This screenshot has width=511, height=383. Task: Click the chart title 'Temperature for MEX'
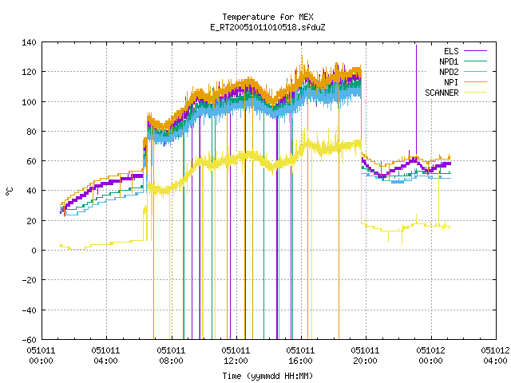click(x=268, y=17)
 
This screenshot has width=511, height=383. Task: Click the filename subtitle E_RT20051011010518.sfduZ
click(x=268, y=27)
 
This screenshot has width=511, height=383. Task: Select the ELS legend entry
click(x=465, y=51)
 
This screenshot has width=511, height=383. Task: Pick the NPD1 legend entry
click(x=463, y=61)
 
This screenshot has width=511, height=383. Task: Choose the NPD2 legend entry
click(x=463, y=72)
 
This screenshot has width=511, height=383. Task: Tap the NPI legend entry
click(x=465, y=82)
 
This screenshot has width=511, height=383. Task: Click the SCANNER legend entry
click(x=456, y=93)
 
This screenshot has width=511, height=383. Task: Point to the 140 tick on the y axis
click(x=29, y=42)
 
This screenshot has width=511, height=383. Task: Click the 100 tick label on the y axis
click(x=29, y=101)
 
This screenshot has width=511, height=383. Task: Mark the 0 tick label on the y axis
click(x=34, y=251)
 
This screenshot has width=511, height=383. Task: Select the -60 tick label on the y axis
click(x=29, y=340)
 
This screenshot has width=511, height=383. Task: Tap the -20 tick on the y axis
click(x=29, y=280)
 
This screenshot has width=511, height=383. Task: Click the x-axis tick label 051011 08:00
click(x=171, y=356)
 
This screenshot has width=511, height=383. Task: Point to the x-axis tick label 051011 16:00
click(x=300, y=356)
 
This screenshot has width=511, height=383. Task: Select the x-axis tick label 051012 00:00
click(x=431, y=356)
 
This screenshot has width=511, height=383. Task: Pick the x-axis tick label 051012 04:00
click(x=495, y=356)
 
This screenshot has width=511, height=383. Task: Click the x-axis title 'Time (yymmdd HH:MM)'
click(x=268, y=376)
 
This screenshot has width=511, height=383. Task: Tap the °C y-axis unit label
click(x=10, y=191)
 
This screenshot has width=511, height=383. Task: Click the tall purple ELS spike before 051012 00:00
click(x=416, y=101)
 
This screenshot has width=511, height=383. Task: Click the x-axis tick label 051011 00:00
click(x=41, y=356)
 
